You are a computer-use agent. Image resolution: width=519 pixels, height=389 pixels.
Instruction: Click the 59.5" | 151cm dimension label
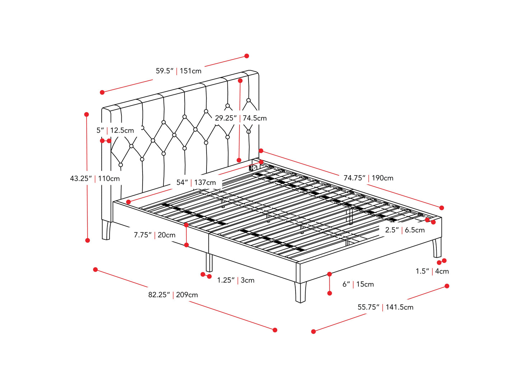[179, 71]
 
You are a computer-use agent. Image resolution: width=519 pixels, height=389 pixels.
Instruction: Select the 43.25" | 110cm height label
[95, 178]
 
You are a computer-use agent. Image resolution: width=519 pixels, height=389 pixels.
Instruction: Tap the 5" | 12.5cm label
[115, 130]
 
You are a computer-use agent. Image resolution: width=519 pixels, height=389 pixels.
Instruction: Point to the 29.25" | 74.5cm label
[241, 118]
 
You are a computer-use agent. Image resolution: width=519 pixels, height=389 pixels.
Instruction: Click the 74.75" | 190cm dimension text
[368, 178]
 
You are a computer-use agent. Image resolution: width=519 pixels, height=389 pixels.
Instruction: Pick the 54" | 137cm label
[196, 182]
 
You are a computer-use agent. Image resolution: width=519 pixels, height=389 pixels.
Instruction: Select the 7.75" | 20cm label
[154, 235]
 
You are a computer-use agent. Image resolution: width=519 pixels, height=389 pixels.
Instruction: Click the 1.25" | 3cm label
[236, 280]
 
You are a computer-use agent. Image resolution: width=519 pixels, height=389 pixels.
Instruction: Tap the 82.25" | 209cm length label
[173, 295]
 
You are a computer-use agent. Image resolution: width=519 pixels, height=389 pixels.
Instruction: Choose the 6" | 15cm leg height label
[358, 284]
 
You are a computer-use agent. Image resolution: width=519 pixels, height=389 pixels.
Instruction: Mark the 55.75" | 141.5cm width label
[385, 307]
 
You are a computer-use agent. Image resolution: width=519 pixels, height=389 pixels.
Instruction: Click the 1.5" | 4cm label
[432, 271]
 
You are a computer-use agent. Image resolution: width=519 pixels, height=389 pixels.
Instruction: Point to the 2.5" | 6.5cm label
[405, 230]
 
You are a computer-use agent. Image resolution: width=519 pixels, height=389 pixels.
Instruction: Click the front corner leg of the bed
[301, 292]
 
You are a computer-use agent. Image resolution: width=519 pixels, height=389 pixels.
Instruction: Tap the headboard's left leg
[106, 230]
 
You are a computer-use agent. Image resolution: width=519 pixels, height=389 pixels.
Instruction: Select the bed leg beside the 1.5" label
[437, 248]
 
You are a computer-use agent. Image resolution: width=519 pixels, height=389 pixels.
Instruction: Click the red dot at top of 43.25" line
[87, 114]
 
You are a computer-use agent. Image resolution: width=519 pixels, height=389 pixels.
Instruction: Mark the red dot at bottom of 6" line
[330, 293]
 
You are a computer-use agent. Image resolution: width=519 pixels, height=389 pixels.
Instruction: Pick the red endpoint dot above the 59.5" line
[247, 56]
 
